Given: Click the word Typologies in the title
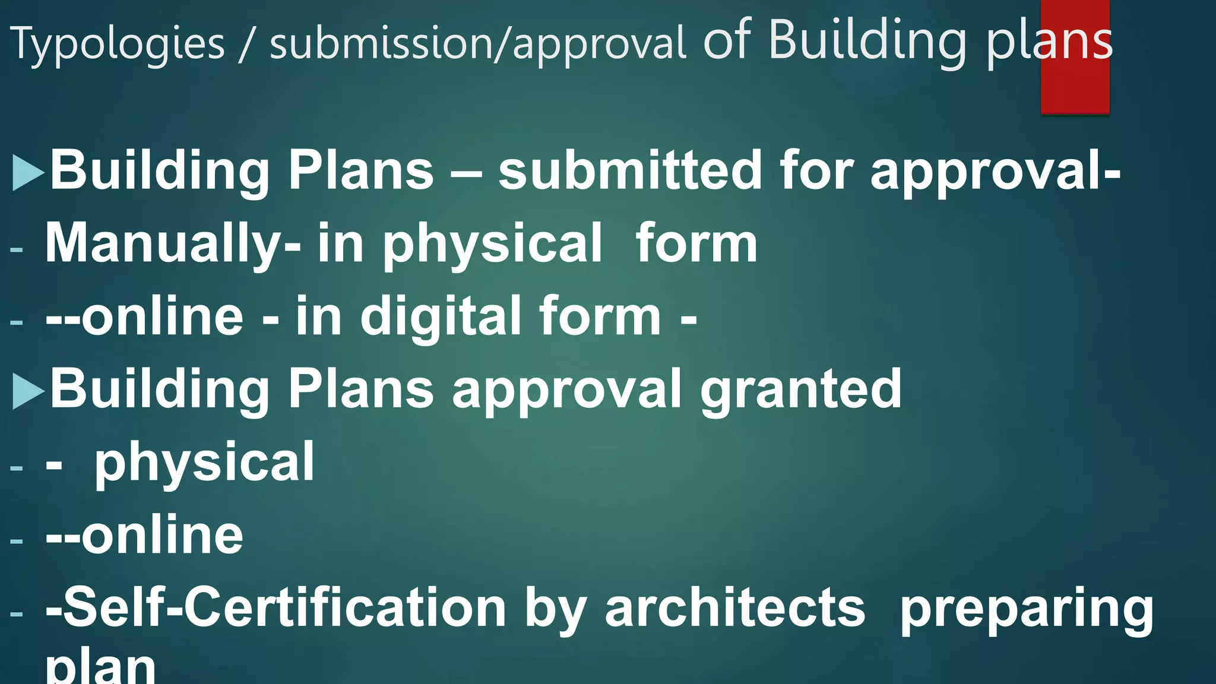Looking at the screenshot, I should tap(118, 45).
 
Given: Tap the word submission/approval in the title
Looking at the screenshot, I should tap(477, 45).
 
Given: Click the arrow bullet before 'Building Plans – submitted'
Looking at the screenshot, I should tap(28, 172).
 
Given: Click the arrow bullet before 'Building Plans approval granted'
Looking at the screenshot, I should tap(28, 391).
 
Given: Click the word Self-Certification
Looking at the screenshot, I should tap(276, 607).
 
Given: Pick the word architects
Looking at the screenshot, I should tap(735, 607).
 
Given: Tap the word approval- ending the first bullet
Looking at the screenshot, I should tap(995, 172).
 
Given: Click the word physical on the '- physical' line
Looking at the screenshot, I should tap(204, 463).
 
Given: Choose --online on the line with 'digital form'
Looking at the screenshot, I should tap(144, 316).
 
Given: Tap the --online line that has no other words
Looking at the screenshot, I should tap(144, 536).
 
